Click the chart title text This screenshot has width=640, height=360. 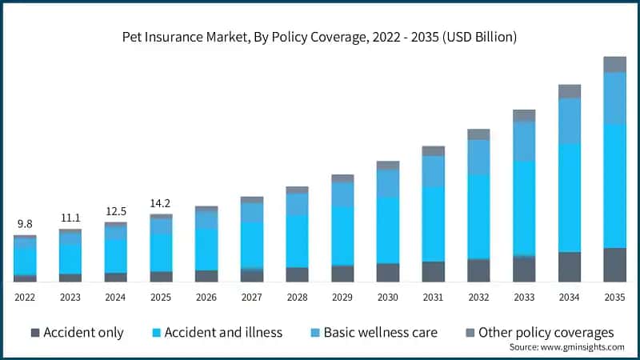click(x=319, y=37)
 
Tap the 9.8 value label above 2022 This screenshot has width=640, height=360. click(x=24, y=224)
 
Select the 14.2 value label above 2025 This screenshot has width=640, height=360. click(x=161, y=202)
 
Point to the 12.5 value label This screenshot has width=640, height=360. click(x=115, y=211)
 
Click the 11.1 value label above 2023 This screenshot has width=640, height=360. click(x=70, y=218)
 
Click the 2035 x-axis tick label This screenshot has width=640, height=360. click(x=614, y=297)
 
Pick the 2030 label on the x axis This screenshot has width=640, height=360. click(x=387, y=297)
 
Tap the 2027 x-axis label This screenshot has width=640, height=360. click(x=251, y=297)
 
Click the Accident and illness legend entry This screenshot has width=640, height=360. click(x=215, y=332)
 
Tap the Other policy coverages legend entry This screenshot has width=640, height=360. click(x=538, y=332)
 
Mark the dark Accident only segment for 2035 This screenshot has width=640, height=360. click(x=614, y=265)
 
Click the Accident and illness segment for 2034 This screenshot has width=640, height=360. click(x=569, y=198)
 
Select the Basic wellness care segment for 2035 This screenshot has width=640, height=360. click(x=614, y=98)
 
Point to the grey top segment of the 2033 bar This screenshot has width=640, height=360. click(x=524, y=115)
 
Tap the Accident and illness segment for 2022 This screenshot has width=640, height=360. click(x=24, y=260)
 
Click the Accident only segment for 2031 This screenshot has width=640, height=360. click(x=433, y=271)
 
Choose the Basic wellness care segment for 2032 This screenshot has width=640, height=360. click(x=478, y=157)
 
